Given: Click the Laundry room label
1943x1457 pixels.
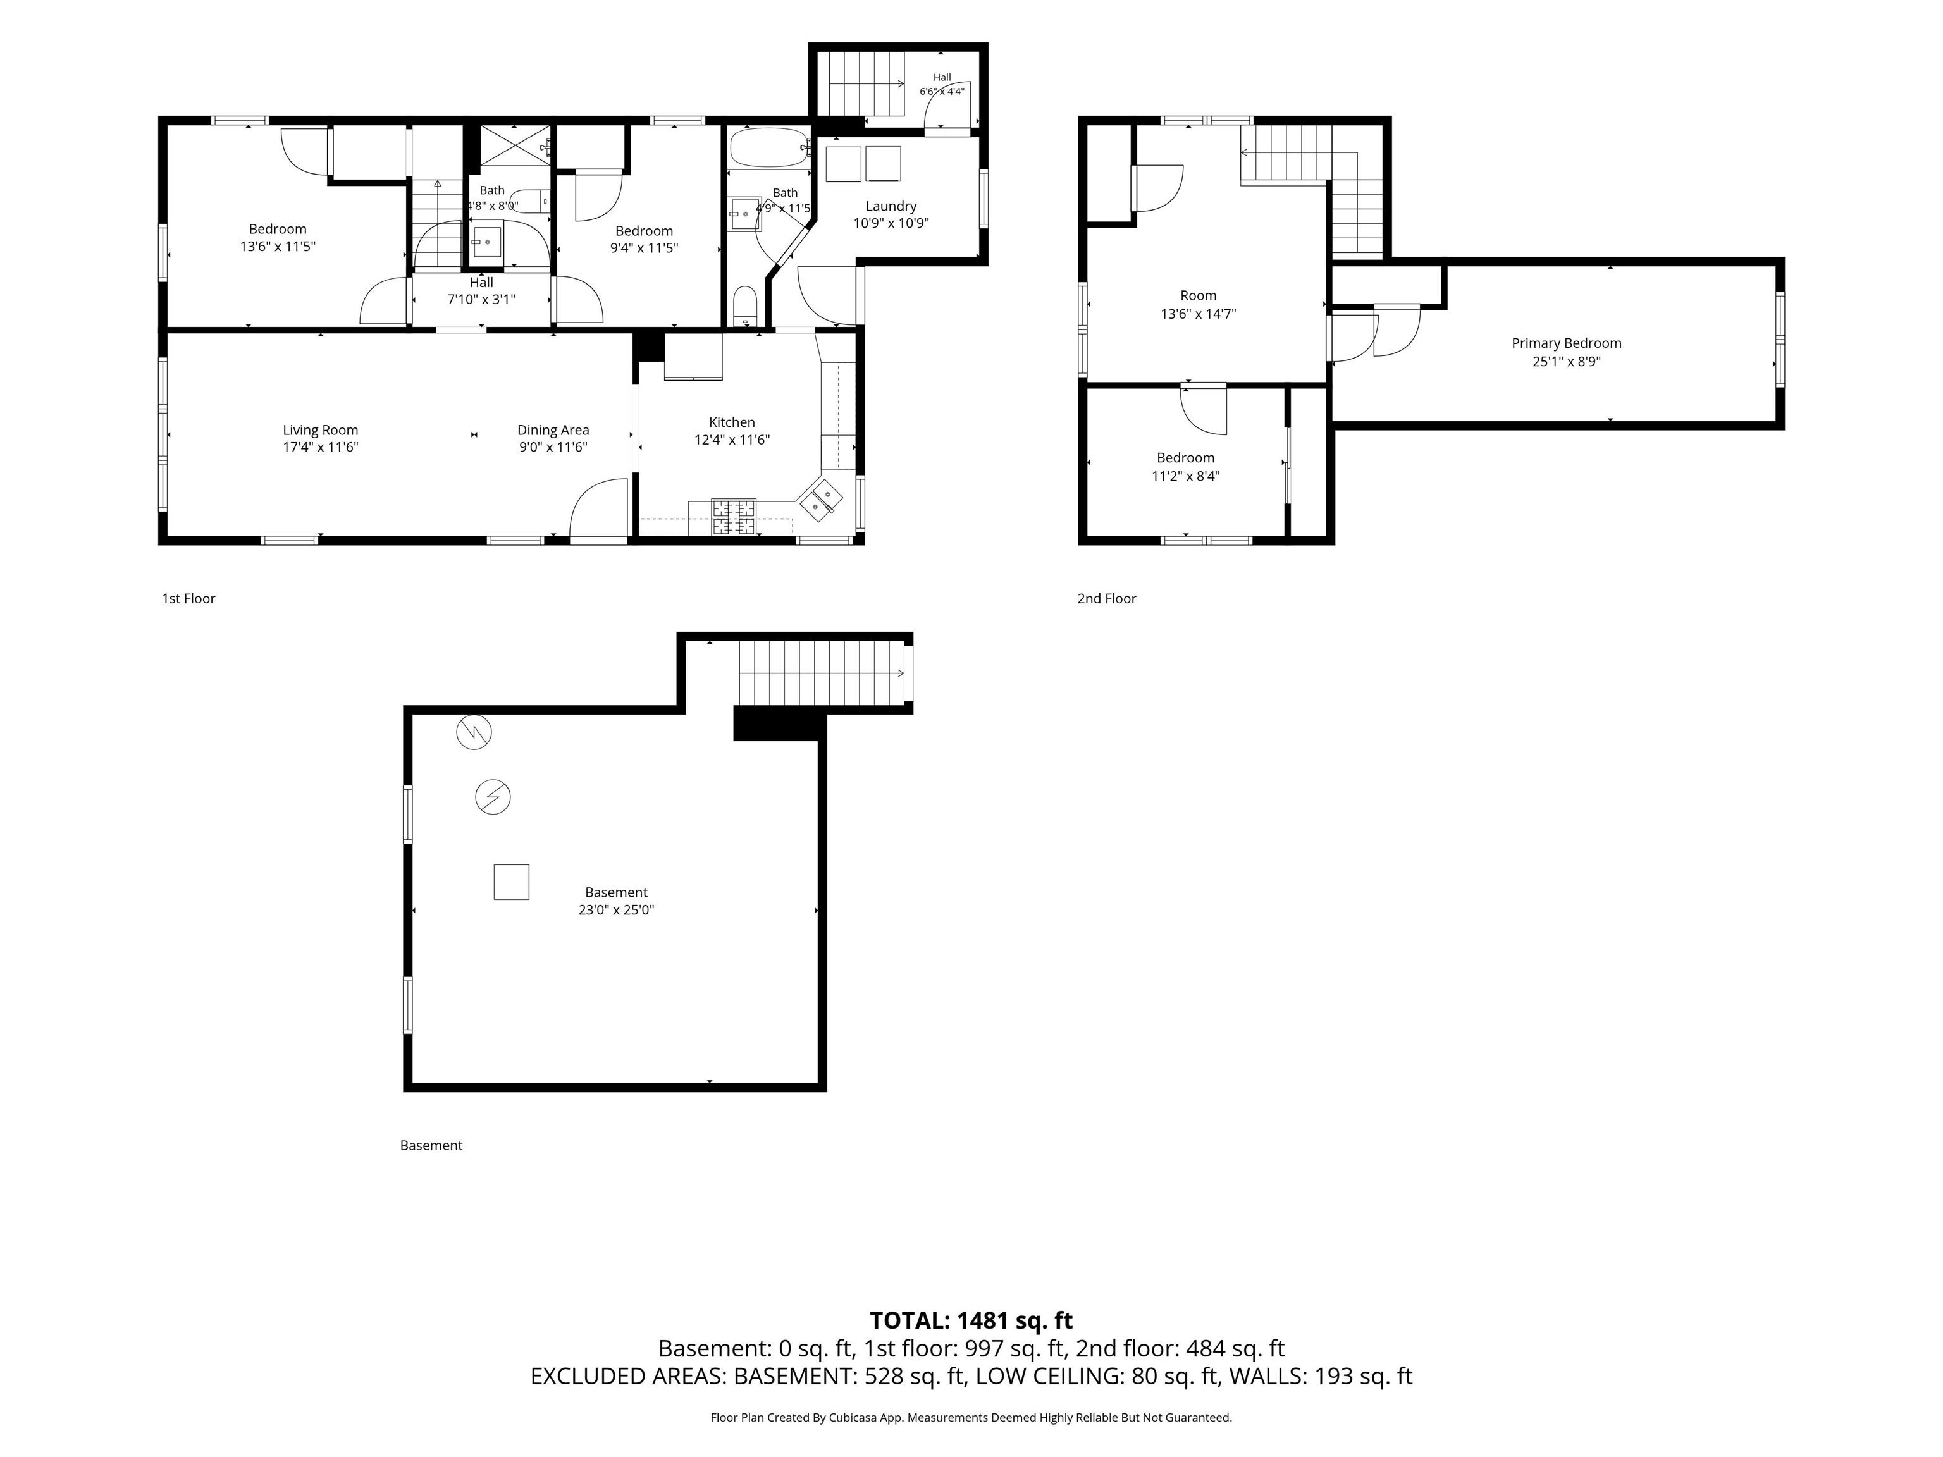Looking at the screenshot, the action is coord(891,206).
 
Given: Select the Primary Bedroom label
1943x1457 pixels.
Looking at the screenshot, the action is coord(1566,343).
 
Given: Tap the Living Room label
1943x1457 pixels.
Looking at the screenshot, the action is coord(320,431).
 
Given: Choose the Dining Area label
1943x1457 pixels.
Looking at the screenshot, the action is coord(553,431).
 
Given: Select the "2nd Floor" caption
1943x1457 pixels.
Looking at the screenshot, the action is coord(1107,598).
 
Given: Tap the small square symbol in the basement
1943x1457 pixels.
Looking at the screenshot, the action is coord(511,882).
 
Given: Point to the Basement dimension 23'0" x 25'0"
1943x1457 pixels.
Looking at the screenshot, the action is coord(616,910).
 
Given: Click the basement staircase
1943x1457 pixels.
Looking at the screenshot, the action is coord(822,673).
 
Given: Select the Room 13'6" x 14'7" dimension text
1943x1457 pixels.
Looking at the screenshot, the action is coord(1198,314).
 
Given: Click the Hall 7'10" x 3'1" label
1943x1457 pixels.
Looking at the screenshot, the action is coord(481,291).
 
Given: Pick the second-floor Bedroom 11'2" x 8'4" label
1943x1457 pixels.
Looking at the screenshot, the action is coord(1186,466).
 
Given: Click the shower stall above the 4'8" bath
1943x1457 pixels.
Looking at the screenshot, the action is coord(514,145).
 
